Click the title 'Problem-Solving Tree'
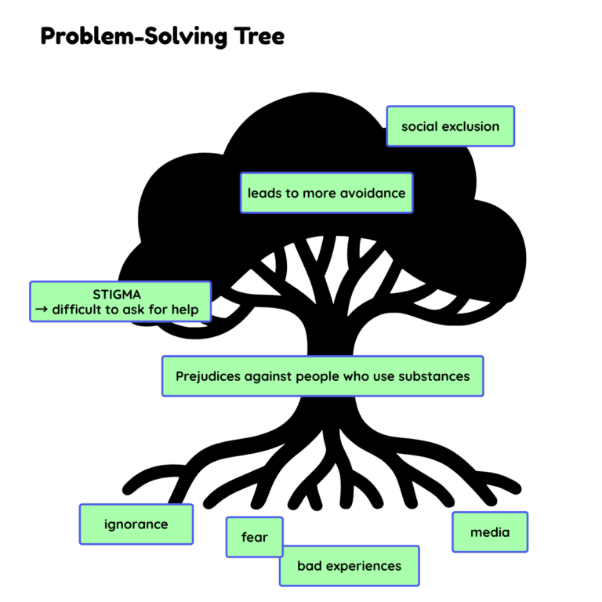162,36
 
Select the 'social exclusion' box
450,126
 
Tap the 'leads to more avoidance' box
326,193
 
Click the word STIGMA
116,295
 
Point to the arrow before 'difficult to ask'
39,310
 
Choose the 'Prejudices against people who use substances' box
322,376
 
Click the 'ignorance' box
136,524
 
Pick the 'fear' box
254,537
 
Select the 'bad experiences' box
349,566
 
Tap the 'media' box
490,532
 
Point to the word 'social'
419,126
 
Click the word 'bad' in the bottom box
308,566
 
